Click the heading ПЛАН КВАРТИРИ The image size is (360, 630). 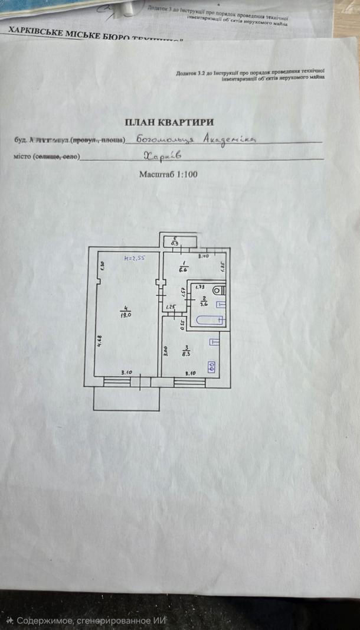coord(169,122)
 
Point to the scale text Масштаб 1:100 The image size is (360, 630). coord(168,174)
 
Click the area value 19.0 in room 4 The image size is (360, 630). coord(125,315)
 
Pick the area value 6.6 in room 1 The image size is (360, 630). coord(184,269)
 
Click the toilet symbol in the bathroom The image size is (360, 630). coord(219,290)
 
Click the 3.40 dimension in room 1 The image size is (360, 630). coord(204,256)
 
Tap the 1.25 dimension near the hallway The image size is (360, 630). coord(172,306)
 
